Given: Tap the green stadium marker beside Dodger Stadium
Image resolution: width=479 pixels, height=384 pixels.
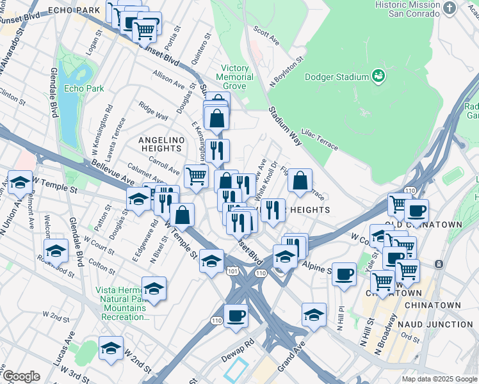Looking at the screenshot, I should click(x=378, y=77).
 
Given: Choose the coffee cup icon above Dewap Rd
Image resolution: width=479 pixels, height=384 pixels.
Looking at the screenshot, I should click(x=236, y=315).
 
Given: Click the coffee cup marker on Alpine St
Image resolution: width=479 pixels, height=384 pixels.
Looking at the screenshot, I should click(x=344, y=273).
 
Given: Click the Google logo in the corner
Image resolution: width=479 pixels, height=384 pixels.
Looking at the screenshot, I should click(x=21, y=376).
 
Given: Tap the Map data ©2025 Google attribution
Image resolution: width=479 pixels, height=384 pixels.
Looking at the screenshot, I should click(x=439, y=379).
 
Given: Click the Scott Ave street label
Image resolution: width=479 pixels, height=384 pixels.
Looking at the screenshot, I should click(x=266, y=36).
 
